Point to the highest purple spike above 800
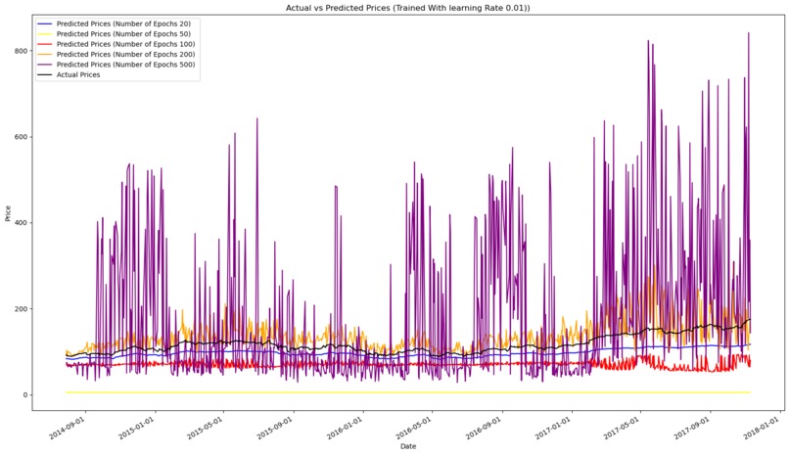tap(749, 34)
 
